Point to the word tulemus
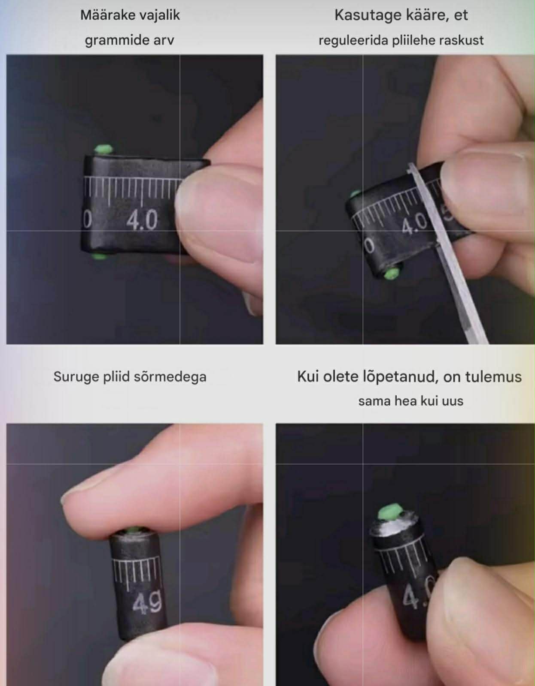[493, 377]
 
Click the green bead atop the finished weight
[389, 513]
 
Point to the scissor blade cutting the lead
[449, 253]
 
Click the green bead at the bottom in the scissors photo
[392, 273]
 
